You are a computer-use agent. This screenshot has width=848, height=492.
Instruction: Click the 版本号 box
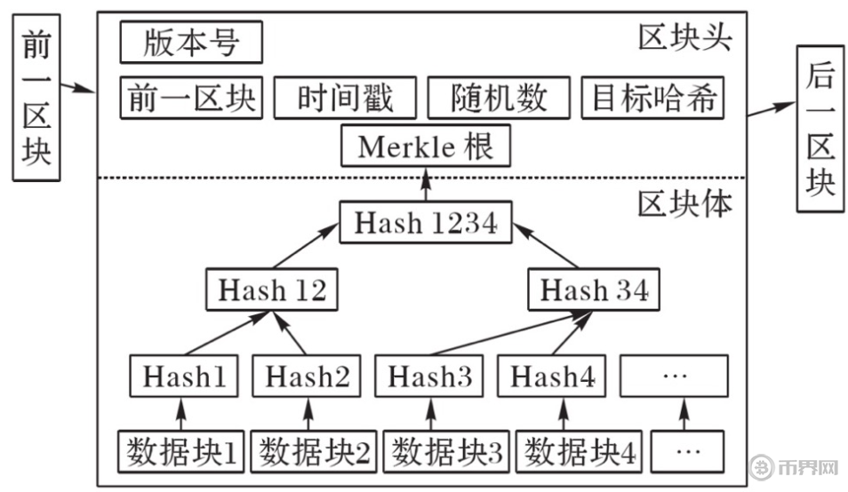(x=191, y=43)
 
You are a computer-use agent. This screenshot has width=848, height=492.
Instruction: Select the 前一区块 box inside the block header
(x=191, y=98)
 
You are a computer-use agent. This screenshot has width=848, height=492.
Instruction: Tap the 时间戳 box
(x=346, y=98)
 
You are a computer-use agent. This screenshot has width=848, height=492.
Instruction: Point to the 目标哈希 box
(x=653, y=98)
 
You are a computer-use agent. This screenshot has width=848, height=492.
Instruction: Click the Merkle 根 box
(x=426, y=146)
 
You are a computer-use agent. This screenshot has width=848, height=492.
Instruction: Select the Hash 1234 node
(x=426, y=222)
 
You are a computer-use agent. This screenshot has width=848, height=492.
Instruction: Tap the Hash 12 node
(x=272, y=290)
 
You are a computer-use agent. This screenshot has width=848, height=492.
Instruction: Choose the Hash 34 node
(x=595, y=290)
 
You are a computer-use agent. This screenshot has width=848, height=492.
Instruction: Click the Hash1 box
(x=184, y=377)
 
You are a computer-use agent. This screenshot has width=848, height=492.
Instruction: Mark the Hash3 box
(x=430, y=377)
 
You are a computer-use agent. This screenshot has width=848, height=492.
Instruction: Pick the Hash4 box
(x=552, y=377)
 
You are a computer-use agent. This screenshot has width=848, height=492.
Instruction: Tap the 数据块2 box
(x=314, y=452)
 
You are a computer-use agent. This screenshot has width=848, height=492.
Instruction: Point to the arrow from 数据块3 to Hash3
(x=430, y=415)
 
